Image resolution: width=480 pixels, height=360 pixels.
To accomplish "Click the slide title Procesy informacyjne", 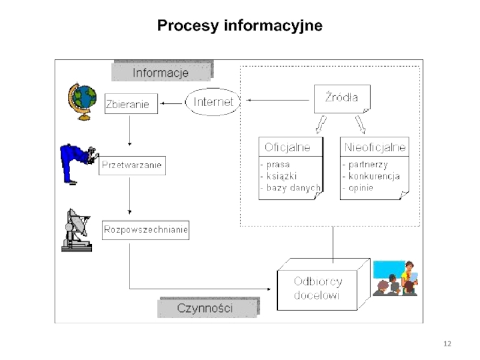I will [x=239, y=26].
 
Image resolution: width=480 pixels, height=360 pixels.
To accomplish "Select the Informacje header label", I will [x=160, y=73].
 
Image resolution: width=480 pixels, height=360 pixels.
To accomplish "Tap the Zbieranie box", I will [x=131, y=104].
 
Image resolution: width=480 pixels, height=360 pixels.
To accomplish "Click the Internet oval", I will [x=213, y=102].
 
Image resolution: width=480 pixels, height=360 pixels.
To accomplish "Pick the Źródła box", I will [x=341, y=98].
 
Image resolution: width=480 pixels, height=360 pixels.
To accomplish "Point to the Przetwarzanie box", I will [x=131, y=165].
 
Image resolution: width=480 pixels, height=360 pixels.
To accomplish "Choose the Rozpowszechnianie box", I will [x=146, y=230].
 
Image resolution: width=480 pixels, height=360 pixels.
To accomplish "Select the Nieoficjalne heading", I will [x=375, y=147].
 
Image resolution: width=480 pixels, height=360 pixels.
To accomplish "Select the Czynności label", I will [x=206, y=308].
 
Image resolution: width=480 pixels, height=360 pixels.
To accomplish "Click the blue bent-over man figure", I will [x=76, y=163].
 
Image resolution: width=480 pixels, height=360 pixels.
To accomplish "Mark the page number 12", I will [x=446, y=344].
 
